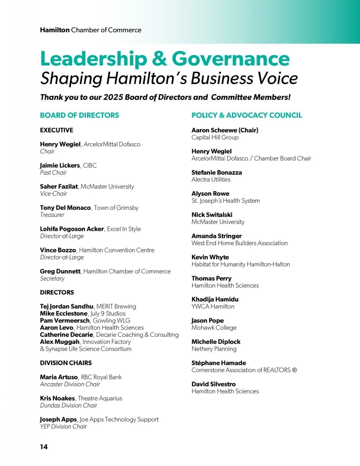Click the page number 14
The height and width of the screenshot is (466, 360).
click(44, 447)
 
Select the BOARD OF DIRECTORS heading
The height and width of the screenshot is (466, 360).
click(79, 115)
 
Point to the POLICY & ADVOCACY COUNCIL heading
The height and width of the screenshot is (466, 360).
click(247, 115)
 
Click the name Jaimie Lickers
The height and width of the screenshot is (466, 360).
click(60, 165)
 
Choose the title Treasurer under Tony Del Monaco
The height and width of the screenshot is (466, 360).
click(52, 215)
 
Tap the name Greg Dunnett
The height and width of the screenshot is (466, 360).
click(60, 271)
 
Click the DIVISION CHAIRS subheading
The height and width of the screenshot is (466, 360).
click(66, 363)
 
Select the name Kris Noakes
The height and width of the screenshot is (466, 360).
click(57, 398)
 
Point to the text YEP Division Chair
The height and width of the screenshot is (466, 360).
click(63, 426)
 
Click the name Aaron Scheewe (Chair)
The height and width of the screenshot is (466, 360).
click(225, 130)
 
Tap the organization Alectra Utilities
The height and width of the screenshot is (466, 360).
click(211, 179)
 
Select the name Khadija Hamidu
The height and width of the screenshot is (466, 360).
click(215, 299)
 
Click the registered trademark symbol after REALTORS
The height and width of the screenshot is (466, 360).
click(294, 370)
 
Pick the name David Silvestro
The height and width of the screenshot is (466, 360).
click(213, 384)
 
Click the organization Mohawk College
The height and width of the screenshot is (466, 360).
click(214, 328)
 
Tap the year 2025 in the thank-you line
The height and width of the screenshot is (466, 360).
click(113, 97)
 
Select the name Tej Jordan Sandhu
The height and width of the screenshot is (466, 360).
click(67, 306)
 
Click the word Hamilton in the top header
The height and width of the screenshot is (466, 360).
click(55, 30)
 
